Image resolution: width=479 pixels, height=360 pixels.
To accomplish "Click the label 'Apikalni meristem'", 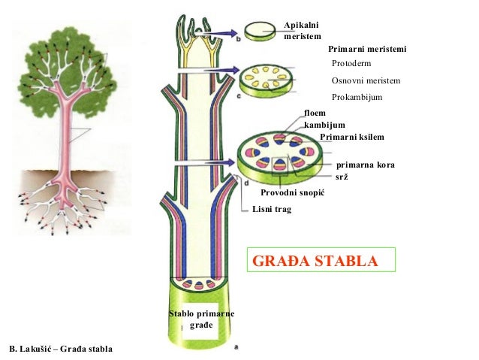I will [303, 32].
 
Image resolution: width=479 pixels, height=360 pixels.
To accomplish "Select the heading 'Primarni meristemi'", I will [367, 49].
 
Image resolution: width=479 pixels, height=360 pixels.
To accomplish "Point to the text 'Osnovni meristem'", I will [366, 81].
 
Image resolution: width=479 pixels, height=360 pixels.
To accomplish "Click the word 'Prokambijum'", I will [357, 98].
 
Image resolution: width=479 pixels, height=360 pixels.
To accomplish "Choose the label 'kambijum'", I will [324, 124].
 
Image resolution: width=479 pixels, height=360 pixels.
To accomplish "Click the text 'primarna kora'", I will [365, 164].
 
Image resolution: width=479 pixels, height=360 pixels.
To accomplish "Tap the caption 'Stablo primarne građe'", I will [201, 319].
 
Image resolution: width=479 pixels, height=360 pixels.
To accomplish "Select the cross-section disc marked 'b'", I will [260, 30].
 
